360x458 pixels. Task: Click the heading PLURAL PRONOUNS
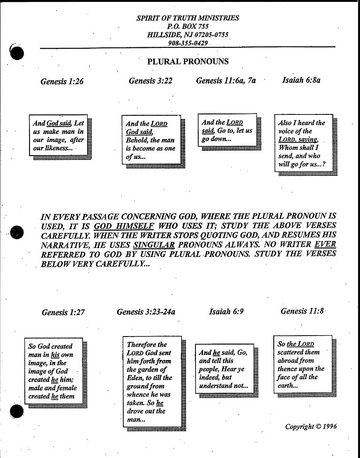tap(188, 61)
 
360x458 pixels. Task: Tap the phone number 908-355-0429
tap(187, 43)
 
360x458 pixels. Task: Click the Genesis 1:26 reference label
tap(62, 82)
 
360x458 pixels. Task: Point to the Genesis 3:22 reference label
tap(150, 81)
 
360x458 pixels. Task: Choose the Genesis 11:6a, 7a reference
tap(226, 81)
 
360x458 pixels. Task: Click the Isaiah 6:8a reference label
tap(301, 80)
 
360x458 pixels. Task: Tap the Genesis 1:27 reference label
tap(63, 312)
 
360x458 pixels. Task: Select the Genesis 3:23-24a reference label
tap(146, 311)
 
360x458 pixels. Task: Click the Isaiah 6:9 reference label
tap(226, 311)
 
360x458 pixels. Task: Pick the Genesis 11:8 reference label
tap(302, 311)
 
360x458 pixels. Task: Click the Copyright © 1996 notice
tap(311, 426)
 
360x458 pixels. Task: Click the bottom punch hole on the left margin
tap(16, 411)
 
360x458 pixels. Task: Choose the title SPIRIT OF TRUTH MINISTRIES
tap(187, 18)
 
